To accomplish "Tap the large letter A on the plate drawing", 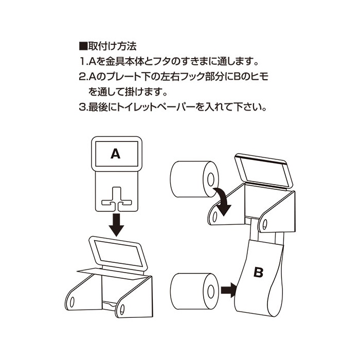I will (116, 153).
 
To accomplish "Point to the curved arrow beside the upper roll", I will (223, 201).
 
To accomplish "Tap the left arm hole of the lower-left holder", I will (72, 300).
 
